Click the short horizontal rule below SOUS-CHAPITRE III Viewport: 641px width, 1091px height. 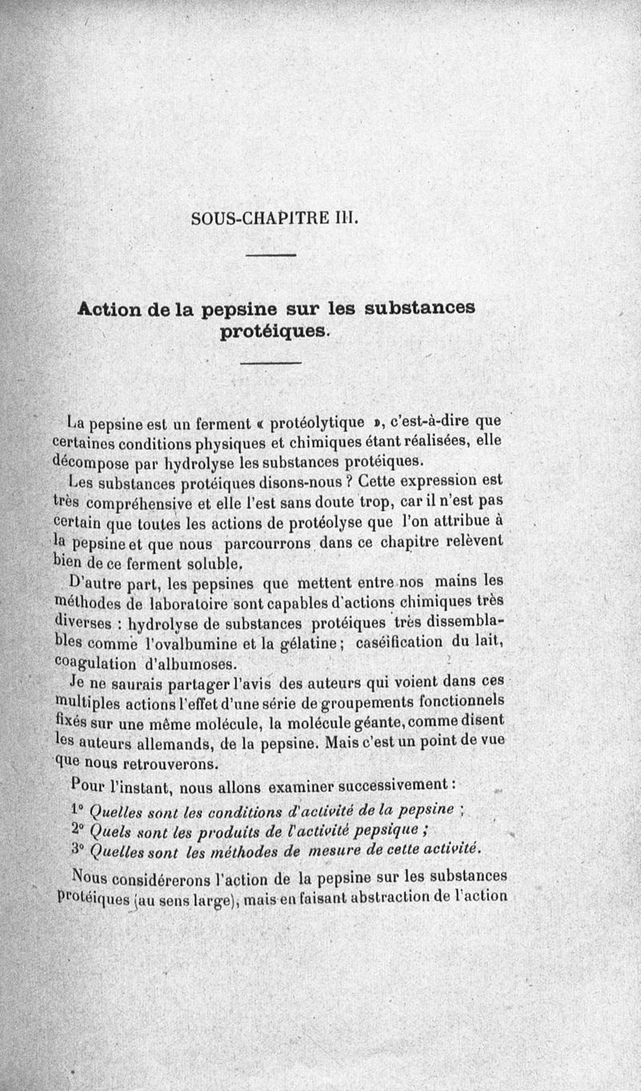click(x=271, y=256)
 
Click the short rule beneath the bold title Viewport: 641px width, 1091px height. click(x=271, y=365)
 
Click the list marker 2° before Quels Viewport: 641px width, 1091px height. click(x=79, y=827)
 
